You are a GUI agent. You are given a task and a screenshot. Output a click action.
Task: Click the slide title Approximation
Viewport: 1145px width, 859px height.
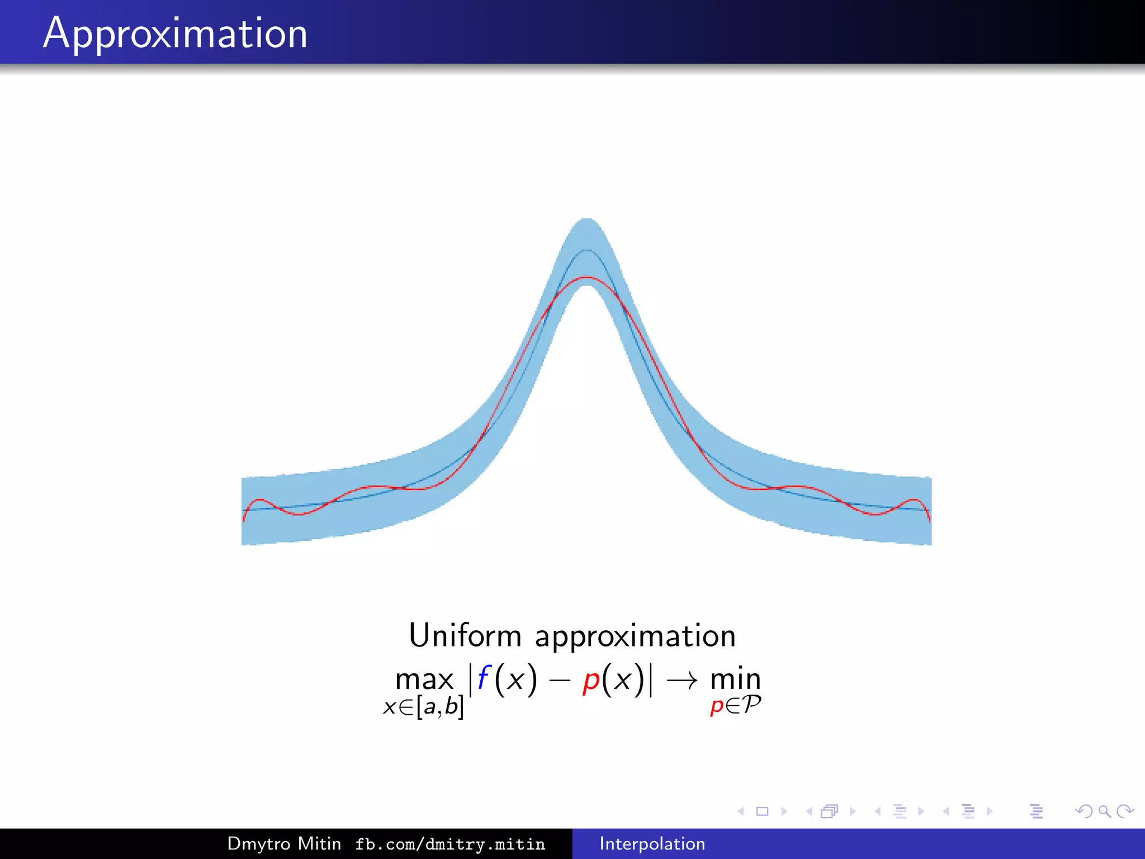coord(175,34)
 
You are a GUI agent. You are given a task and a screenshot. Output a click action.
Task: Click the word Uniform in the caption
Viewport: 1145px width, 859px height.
coord(465,636)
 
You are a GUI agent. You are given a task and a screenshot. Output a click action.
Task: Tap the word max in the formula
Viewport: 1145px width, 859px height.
coord(424,680)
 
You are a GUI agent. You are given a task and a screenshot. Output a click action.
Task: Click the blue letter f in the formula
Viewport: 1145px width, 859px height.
coord(483,678)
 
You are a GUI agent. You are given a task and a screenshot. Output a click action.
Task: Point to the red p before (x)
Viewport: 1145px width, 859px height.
coord(591,681)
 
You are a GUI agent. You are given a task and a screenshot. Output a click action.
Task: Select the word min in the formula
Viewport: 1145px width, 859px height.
coord(735,679)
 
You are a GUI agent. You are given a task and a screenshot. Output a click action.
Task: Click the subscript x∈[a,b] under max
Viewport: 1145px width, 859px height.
coord(423,707)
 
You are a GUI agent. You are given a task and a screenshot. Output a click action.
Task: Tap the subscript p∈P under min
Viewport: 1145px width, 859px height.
coord(735,705)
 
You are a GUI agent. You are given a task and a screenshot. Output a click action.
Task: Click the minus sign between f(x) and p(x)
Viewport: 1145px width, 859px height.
coord(559,681)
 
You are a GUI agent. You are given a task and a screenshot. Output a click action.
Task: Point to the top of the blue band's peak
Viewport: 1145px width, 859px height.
coord(586,219)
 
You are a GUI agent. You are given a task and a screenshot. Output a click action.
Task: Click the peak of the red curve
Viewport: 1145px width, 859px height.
coord(586,277)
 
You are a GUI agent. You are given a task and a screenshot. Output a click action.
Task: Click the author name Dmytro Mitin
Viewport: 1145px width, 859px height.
coord(284,843)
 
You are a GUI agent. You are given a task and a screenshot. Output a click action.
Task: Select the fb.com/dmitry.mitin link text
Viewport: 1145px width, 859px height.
coord(450,844)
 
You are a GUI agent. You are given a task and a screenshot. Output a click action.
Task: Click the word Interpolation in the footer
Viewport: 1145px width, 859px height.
coord(652,843)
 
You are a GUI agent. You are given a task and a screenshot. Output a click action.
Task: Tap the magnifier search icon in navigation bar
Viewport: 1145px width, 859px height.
coord(1104,811)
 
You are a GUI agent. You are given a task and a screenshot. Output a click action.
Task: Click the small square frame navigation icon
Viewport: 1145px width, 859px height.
coord(762,811)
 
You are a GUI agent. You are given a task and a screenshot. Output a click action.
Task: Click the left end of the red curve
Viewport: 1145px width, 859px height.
coord(244,520)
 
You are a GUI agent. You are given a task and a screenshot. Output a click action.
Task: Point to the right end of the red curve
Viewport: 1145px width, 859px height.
coord(929,520)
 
